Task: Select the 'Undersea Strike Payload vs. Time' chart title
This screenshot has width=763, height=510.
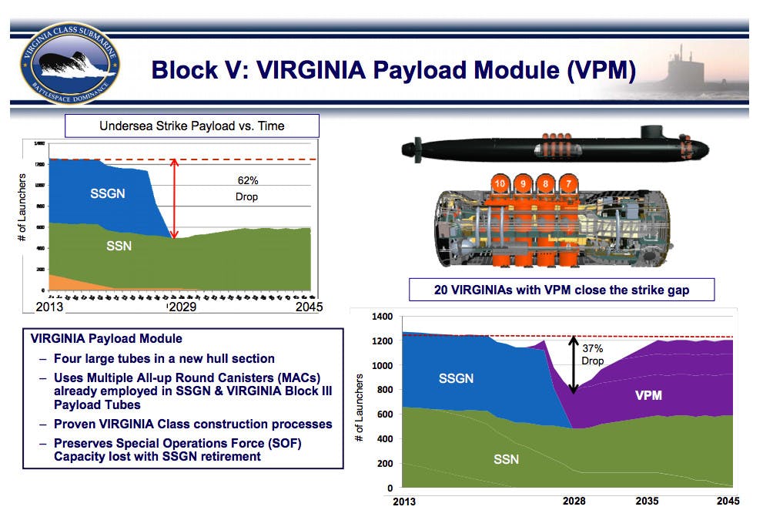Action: point(192,126)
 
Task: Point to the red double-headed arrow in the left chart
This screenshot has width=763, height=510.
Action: point(175,199)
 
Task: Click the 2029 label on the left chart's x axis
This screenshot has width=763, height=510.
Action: point(182,307)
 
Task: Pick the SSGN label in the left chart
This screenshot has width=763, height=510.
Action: point(106,193)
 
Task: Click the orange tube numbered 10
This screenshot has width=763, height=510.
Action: point(500,184)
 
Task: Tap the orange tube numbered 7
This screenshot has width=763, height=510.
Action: point(569,184)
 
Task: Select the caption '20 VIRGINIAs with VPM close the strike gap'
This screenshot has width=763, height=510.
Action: point(561,290)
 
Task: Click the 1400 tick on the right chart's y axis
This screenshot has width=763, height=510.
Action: point(382,317)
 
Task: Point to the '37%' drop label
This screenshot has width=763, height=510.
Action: point(593,348)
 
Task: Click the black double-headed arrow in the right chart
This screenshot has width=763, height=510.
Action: point(572,365)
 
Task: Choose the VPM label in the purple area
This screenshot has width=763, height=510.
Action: point(648,396)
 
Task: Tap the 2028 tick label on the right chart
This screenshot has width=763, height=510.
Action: point(572,501)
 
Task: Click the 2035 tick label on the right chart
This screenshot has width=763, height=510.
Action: point(646,501)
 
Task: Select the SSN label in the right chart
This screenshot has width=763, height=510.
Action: point(506,459)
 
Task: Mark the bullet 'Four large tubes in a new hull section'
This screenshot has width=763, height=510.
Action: point(164,358)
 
